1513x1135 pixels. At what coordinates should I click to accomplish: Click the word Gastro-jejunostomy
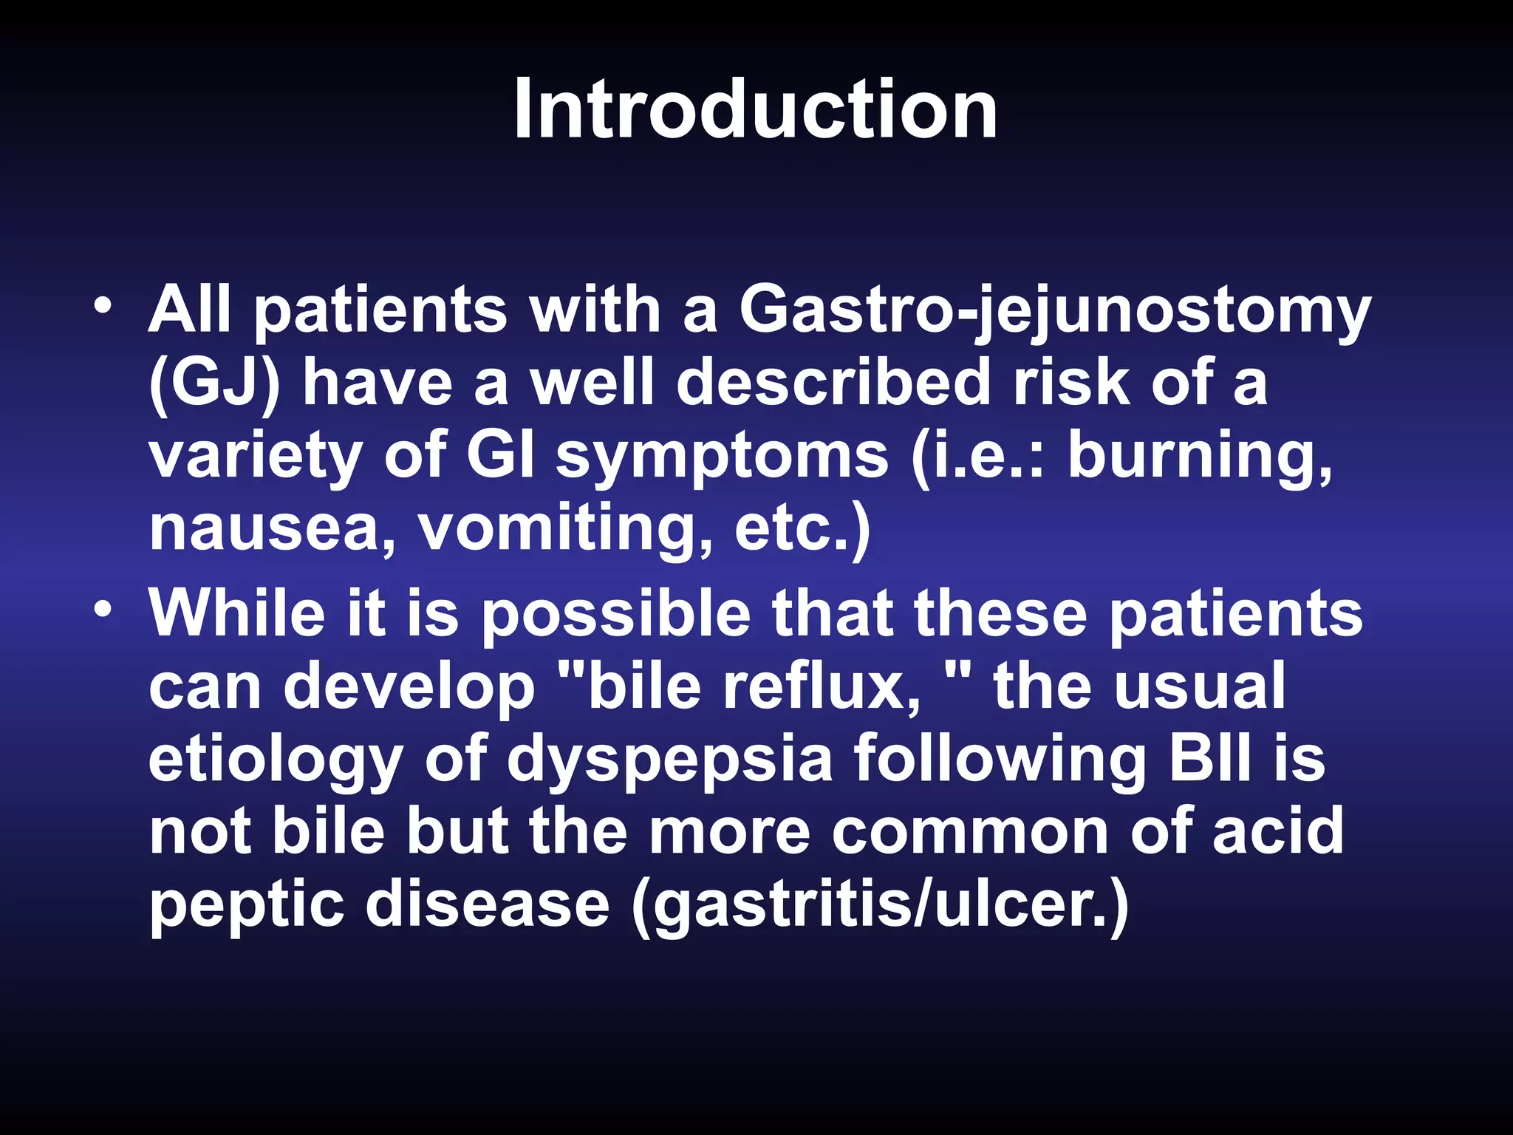[1055, 310]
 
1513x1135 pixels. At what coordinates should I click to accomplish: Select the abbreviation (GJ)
[215, 383]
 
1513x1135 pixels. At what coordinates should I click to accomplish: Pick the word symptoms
[723, 457]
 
